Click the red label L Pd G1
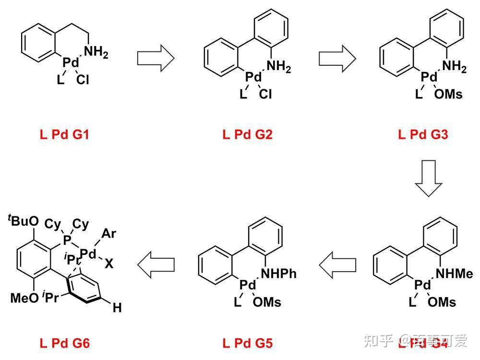tap(64, 134)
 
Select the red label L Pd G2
tap(247, 134)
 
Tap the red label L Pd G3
tap(423, 134)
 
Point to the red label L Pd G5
tap(247, 343)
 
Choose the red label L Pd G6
tap(64, 343)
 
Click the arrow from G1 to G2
tap(155, 58)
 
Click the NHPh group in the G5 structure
tap(278, 274)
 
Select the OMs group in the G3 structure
tap(448, 94)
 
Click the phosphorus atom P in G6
tap(67, 239)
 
